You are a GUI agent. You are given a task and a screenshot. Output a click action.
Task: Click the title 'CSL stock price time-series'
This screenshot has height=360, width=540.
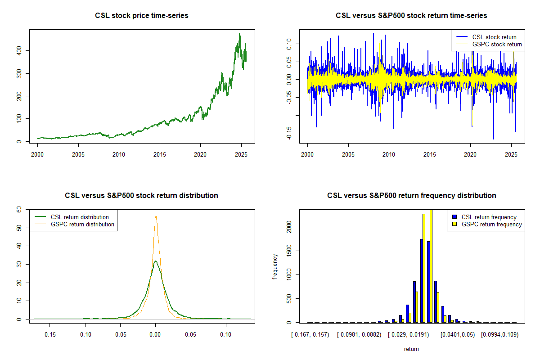tap(142, 16)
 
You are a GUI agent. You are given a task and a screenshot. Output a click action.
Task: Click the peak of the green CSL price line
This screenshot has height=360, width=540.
tap(239, 34)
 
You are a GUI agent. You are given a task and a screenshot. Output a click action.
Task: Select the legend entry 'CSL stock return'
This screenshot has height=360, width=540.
tap(494, 37)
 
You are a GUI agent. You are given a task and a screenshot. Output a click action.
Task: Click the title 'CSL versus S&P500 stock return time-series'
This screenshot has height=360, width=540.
tap(411, 16)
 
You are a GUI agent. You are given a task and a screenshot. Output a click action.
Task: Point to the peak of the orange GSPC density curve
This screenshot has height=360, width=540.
tap(156, 216)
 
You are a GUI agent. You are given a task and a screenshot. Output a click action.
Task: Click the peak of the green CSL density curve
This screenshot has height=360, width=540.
tap(155, 261)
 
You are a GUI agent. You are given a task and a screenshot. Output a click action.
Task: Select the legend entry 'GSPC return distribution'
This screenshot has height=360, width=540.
tap(82, 224)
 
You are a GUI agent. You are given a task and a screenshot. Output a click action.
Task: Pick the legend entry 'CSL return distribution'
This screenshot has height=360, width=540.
tap(80, 217)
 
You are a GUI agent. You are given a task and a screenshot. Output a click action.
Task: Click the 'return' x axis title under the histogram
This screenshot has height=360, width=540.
tap(411, 349)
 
